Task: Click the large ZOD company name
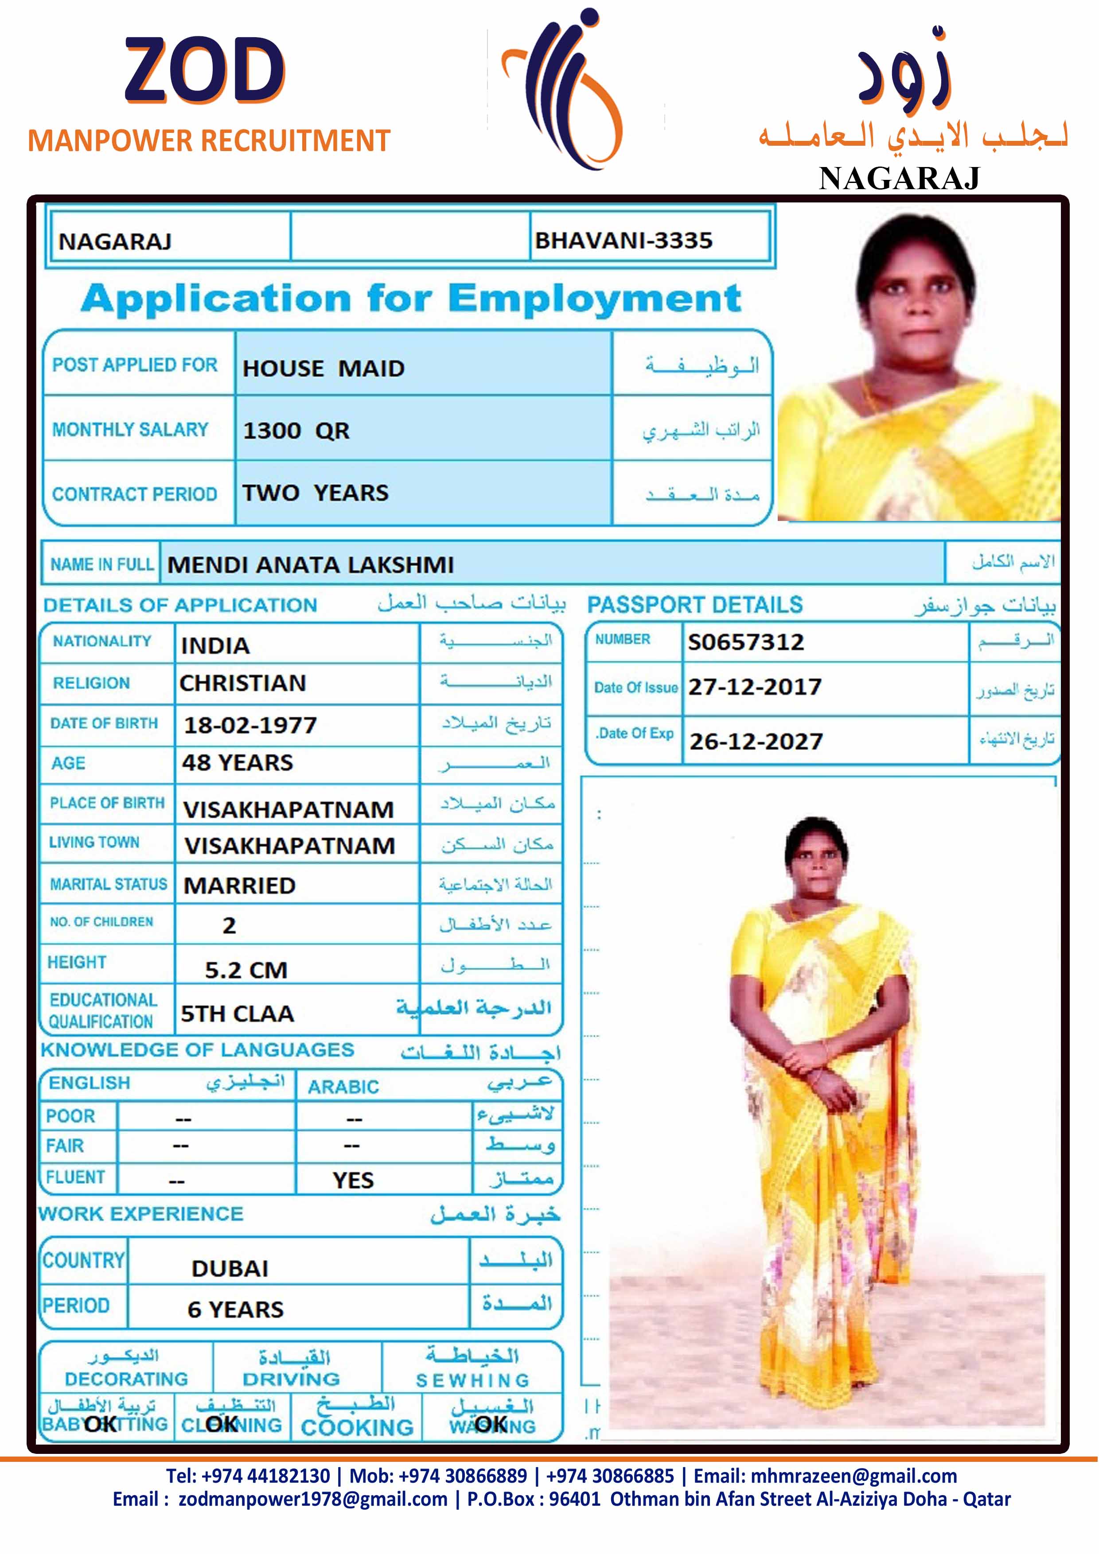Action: point(204,70)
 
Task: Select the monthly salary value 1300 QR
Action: point(296,431)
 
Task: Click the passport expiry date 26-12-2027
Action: point(756,742)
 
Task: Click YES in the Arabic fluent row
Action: point(353,1181)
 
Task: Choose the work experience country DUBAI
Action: point(230,1268)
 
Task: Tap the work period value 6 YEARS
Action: point(236,1309)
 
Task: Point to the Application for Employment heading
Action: point(411,299)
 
